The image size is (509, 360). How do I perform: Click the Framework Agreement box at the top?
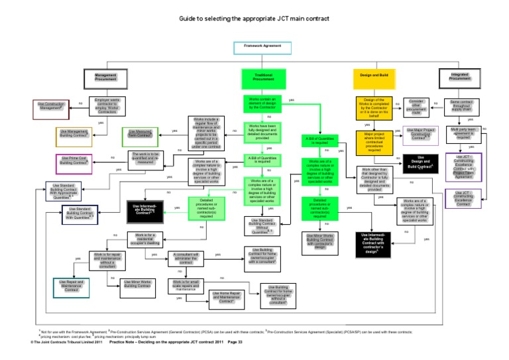(x=258, y=48)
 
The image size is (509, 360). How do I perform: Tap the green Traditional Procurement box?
(x=258, y=78)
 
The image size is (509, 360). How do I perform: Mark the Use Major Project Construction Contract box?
(x=420, y=136)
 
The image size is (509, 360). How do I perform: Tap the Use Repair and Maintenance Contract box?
(x=71, y=288)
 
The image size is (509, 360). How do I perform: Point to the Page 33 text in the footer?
(x=235, y=342)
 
